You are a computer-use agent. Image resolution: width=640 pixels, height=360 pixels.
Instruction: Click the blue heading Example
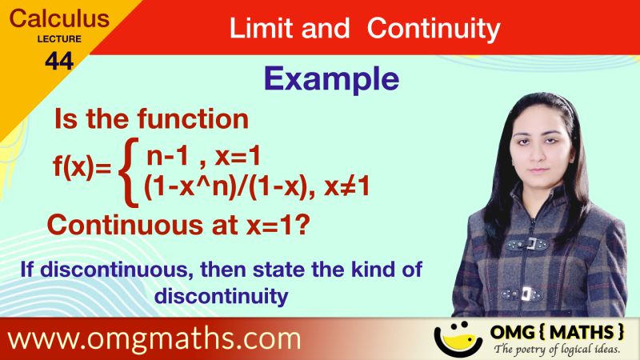pos(331,78)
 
